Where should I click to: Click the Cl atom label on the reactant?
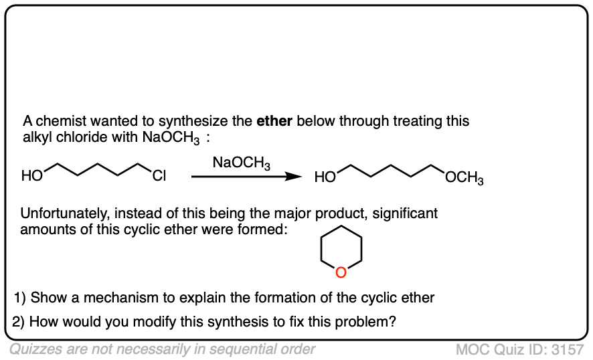159,177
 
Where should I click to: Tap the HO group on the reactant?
31,177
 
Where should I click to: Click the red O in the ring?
341,272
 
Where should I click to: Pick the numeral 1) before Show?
19,297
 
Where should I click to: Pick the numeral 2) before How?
19,321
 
